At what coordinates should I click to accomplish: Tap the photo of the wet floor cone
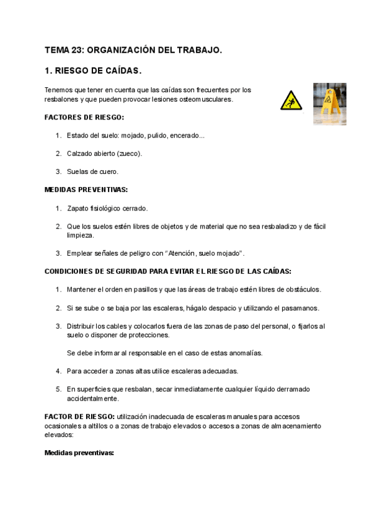click(x=329, y=103)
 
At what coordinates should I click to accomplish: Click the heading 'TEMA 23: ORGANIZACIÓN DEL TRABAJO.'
click(x=133, y=50)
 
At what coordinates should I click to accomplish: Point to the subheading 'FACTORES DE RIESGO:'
click(x=84, y=117)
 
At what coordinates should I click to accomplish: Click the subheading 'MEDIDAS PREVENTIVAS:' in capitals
click(x=86, y=189)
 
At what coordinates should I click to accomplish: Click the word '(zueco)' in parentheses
click(x=129, y=154)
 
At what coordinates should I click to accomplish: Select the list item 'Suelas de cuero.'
click(x=92, y=171)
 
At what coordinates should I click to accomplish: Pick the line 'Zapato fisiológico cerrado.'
click(x=107, y=208)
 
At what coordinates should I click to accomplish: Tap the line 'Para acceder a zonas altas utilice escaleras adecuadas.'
click(x=153, y=371)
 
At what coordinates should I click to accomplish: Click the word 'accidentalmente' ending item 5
click(x=93, y=399)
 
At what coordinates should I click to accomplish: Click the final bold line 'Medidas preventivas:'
click(x=79, y=453)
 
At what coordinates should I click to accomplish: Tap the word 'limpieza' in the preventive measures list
click(x=81, y=235)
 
